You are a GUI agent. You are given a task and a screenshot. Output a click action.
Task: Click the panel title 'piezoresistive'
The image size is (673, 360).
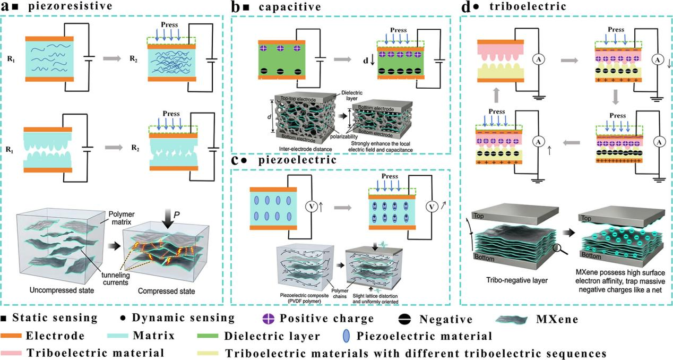click(x=70, y=6)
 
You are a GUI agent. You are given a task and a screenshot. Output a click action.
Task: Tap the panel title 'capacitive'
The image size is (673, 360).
click(x=290, y=7)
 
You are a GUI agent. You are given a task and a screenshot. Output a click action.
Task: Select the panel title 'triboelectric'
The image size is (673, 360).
click(x=528, y=6)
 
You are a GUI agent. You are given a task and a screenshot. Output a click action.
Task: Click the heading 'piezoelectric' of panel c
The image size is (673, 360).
click(x=297, y=160)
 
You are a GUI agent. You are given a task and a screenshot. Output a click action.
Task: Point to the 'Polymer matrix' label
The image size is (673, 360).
click(x=122, y=218)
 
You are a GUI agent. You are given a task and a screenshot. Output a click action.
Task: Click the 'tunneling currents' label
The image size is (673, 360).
click(x=115, y=279)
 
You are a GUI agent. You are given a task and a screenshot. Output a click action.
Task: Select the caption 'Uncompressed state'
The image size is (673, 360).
click(x=62, y=290)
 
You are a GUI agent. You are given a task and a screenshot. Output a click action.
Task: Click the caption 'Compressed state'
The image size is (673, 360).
click(x=167, y=291)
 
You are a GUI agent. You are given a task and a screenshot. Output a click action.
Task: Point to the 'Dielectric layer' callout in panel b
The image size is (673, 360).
click(x=352, y=96)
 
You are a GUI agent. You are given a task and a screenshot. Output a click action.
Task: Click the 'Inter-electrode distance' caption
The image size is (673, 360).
click(x=305, y=149)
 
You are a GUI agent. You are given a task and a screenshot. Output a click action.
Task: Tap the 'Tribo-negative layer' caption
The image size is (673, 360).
click(x=517, y=280)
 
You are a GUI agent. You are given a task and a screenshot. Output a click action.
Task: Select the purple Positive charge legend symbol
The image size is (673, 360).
click(x=269, y=319)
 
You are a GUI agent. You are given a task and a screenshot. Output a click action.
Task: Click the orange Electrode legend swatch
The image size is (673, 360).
click(x=11, y=336)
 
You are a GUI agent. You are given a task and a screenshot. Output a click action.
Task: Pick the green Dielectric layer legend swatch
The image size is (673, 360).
click(x=208, y=336)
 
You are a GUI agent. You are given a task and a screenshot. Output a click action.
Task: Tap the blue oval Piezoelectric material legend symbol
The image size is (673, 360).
click(x=346, y=336)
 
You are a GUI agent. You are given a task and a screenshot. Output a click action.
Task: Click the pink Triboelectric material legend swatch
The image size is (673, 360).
click(x=11, y=353)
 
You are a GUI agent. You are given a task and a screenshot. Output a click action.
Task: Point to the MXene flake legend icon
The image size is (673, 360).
click(x=512, y=319)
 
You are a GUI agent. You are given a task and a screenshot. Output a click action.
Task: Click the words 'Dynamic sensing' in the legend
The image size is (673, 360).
click(x=183, y=318)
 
